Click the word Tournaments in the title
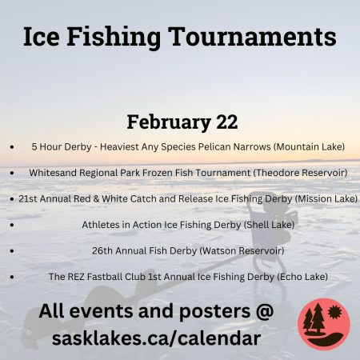click(252, 37)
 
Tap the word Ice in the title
click(41, 37)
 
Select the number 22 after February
click(226, 122)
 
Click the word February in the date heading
click(169, 122)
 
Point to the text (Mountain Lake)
click(309, 146)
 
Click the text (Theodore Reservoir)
click(300, 173)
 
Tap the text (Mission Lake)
click(326, 198)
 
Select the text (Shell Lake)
click(269, 225)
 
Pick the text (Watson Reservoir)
click(242, 250)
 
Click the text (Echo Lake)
click(302, 277)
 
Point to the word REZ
click(76, 277)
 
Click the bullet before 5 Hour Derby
click(12, 146)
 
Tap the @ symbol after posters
click(264, 311)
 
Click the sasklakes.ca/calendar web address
click(156, 338)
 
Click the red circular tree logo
click(324, 324)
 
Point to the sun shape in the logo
click(334, 312)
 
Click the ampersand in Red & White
click(96, 199)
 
